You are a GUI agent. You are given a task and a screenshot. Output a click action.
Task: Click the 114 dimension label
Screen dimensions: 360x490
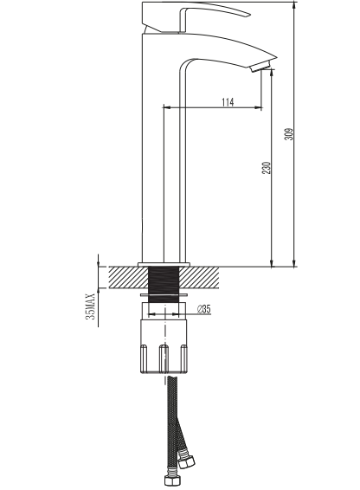228,102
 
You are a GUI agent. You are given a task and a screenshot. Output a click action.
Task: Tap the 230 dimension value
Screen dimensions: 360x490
267,168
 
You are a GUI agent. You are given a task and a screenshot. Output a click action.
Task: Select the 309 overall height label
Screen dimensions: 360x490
289,134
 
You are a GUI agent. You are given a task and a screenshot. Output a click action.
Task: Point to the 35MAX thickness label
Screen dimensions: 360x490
90,306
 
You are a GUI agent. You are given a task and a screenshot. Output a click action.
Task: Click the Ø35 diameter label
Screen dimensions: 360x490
203,309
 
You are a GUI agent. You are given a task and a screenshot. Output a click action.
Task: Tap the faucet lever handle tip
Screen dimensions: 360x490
248,15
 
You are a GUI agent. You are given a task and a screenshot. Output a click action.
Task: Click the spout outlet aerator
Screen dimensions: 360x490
260,67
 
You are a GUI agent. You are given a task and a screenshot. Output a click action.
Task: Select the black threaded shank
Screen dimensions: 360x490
164,284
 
